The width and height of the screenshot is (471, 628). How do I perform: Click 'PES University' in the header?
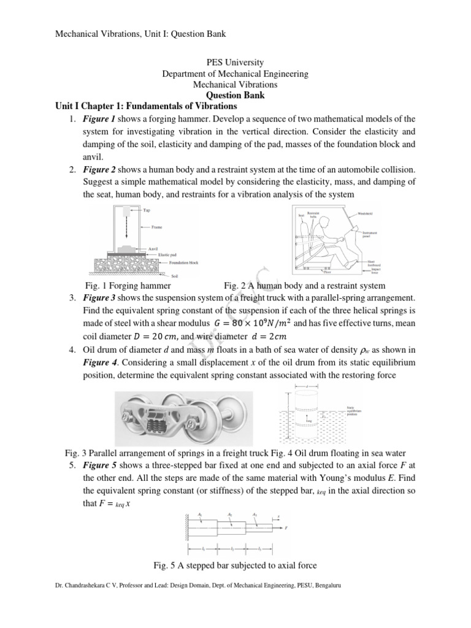[235, 63]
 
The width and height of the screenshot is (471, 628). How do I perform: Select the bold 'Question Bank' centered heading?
[235, 96]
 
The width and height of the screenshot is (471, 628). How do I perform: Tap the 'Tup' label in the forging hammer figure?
[147, 210]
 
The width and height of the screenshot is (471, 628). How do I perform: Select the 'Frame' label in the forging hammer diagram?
[157, 227]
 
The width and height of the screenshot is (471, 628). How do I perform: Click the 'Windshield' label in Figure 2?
[366, 213]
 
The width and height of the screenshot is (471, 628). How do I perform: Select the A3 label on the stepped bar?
[255, 513]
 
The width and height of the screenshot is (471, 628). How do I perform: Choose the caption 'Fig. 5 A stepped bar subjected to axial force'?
[235, 565]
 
